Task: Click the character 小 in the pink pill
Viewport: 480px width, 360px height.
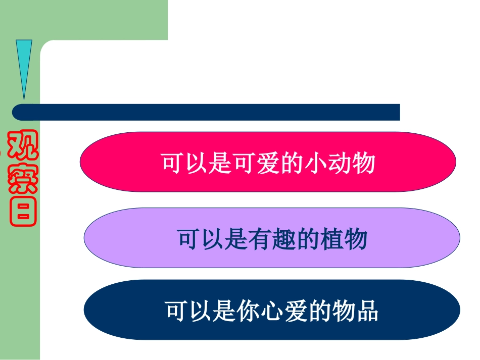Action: click(x=315, y=163)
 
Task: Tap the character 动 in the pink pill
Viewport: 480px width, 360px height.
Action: click(x=339, y=163)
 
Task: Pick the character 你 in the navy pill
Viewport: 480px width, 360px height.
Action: click(x=248, y=311)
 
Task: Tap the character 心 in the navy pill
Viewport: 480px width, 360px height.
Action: click(x=272, y=311)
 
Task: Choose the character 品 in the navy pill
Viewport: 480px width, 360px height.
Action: click(x=367, y=311)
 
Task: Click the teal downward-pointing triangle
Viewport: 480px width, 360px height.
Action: click(x=24, y=66)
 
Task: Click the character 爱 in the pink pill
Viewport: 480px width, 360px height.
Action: click(x=268, y=163)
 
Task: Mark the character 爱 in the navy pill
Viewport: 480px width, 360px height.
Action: click(x=296, y=311)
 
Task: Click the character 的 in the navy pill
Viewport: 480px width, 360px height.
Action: click(x=319, y=311)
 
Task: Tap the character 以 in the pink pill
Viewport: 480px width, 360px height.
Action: click(x=197, y=163)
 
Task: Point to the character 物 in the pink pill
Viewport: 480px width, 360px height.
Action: click(x=363, y=163)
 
